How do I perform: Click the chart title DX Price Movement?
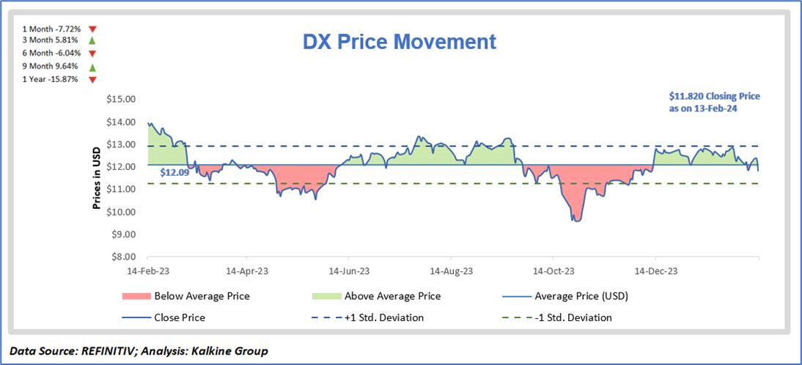[x=400, y=42]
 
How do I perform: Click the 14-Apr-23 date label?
[x=246, y=270]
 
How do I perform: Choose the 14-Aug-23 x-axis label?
[x=451, y=270]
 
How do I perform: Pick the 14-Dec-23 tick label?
[x=655, y=270]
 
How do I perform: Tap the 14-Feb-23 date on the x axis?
[x=148, y=270]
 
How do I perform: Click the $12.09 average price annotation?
[x=174, y=174]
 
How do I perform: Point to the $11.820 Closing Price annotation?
[x=715, y=102]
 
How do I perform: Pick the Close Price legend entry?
[x=180, y=317]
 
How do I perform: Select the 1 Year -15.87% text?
[x=50, y=78]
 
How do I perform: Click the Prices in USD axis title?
[x=96, y=177]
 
